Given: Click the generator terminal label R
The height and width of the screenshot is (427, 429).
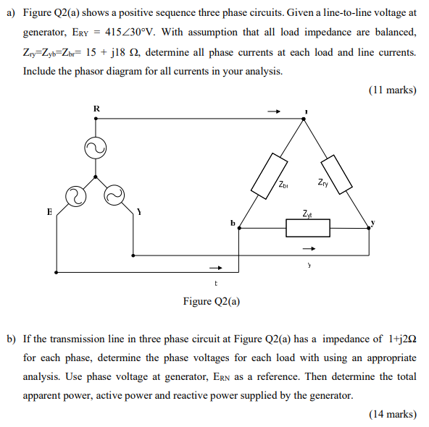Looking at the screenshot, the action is tap(96, 109).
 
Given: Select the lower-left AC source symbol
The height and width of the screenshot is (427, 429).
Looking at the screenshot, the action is tap(75, 196).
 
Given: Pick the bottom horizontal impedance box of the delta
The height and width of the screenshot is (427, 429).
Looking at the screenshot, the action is tap(308, 228).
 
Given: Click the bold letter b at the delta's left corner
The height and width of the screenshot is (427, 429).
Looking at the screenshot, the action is tap(233, 223).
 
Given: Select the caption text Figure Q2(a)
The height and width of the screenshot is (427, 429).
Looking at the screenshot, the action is tap(212, 301).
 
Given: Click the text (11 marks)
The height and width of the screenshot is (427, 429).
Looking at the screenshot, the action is tap(392, 90).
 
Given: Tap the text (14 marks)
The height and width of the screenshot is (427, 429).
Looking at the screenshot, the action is tap(392, 414).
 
